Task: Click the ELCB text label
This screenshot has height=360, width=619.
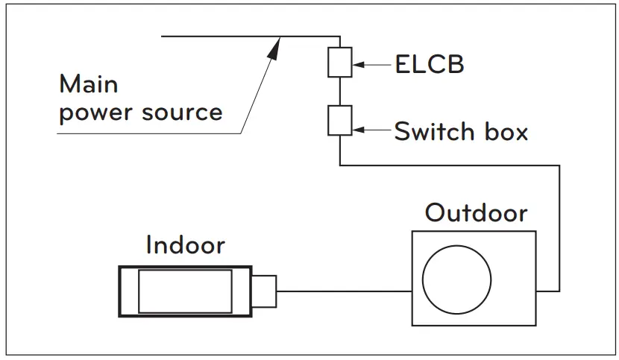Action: [x=429, y=65]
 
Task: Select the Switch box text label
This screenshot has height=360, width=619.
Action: [x=460, y=132]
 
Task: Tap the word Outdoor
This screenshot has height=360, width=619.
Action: [x=476, y=213]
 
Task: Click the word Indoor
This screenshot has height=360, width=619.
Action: [x=185, y=244]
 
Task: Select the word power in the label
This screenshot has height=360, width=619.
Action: [x=92, y=113]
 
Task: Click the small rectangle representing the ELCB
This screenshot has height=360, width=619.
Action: [x=339, y=63]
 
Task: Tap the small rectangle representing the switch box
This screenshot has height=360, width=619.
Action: [x=339, y=121]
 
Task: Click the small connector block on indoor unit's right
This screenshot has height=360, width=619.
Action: [x=265, y=291]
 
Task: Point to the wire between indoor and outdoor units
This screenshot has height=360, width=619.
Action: [x=343, y=291]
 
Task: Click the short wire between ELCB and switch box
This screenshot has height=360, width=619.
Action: [x=339, y=92]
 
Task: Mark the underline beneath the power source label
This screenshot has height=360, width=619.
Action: [x=149, y=133]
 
